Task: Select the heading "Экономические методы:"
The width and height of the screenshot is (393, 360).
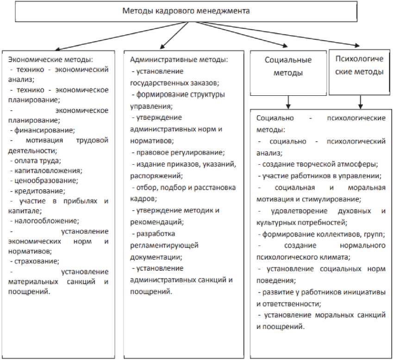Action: (x=51, y=60)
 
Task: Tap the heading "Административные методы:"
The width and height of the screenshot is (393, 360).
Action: (x=179, y=60)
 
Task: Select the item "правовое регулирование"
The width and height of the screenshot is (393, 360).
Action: (x=180, y=152)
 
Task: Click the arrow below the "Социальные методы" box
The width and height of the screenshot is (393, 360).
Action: (x=288, y=101)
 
